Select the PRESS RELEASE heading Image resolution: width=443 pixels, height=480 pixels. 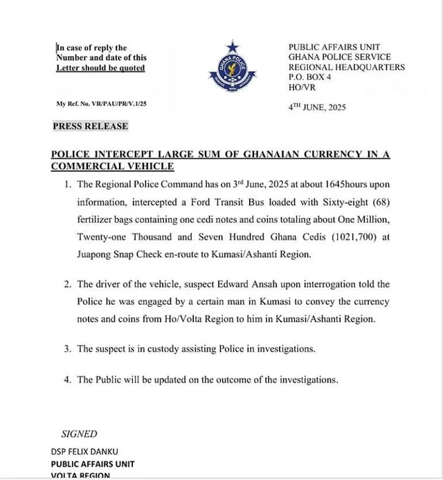91,126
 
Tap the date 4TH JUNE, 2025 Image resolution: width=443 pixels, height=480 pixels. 317,107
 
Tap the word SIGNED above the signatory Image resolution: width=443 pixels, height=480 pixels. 80,434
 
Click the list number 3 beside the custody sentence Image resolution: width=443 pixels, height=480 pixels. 67,349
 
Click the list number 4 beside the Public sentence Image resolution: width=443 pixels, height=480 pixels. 67,380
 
